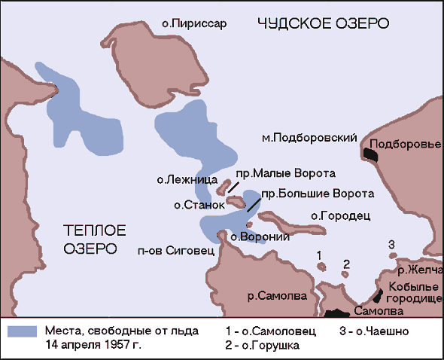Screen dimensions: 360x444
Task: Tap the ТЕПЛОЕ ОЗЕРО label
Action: point(94,239)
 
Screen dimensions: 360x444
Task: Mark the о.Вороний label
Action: point(251,236)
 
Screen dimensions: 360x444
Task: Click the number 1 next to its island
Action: point(320,257)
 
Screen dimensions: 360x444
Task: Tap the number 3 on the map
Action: point(391,243)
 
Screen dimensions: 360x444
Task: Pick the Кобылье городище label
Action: point(413,293)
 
